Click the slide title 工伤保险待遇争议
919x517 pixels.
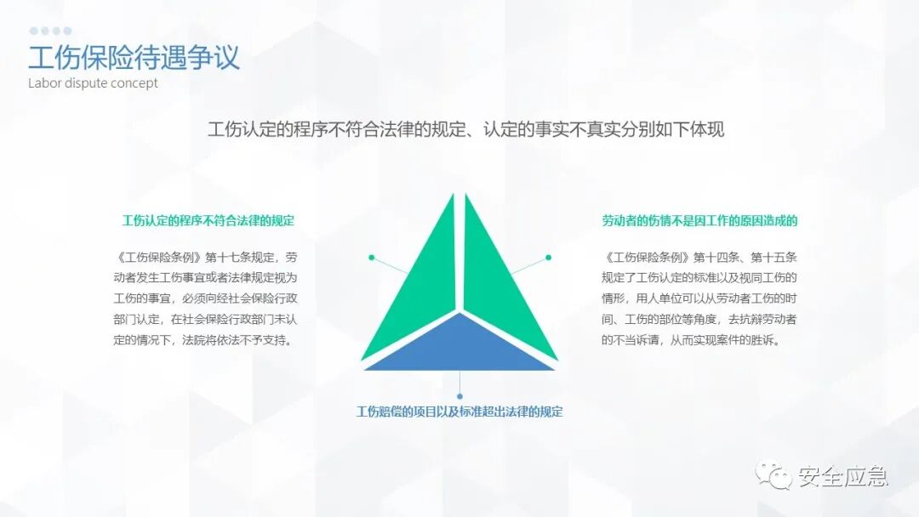[134, 57]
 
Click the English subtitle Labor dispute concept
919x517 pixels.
[93, 83]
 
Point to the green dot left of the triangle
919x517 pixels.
[371, 257]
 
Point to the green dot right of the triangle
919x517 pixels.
[548, 257]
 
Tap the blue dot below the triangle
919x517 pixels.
[459, 396]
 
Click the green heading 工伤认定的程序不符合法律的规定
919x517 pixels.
[208, 221]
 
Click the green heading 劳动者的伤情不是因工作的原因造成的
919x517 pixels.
[699, 221]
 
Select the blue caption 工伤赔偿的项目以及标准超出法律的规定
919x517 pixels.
[459, 412]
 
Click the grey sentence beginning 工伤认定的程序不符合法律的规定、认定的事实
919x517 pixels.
[465, 130]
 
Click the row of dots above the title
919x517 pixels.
[50, 31]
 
